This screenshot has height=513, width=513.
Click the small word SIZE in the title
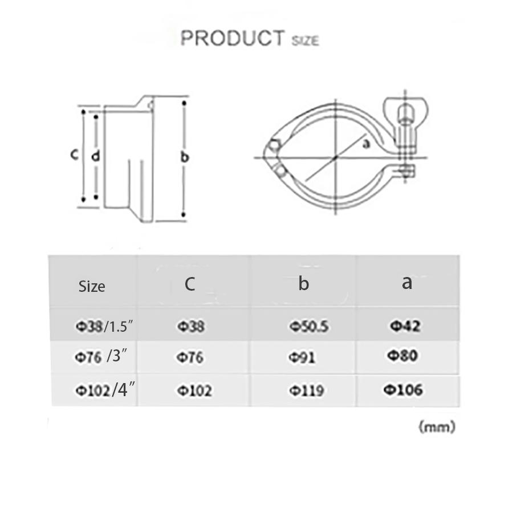[x=306, y=41]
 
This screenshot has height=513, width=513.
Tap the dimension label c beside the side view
[x=74, y=154]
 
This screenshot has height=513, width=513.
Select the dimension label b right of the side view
[x=184, y=157]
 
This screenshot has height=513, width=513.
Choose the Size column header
[x=92, y=286]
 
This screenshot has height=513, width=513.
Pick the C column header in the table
[x=190, y=284]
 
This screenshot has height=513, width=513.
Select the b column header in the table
[x=303, y=283]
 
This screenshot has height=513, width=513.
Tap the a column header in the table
[x=406, y=282]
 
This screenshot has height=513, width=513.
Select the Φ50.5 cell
[x=308, y=327]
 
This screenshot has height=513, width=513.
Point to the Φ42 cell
[x=405, y=325]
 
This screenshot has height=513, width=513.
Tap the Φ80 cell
[x=403, y=356]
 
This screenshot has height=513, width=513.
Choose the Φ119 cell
[x=306, y=390]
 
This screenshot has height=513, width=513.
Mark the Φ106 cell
[x=402, y=389]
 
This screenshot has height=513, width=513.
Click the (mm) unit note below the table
[x=437, y=426]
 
